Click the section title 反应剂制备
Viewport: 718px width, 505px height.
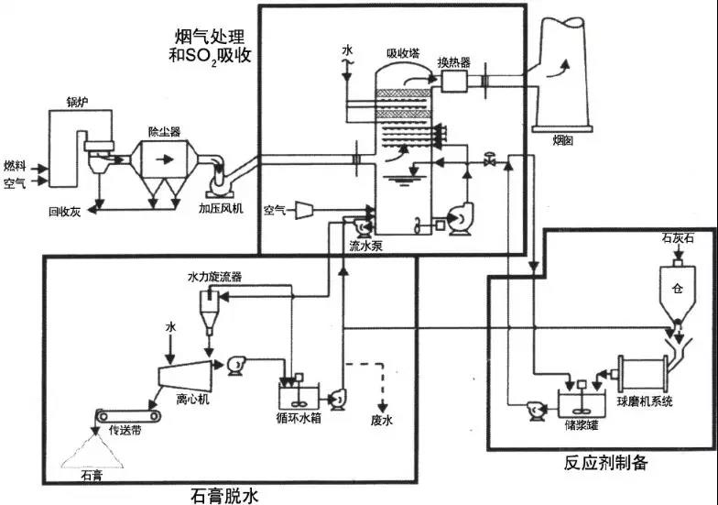(x=605, y=463)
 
